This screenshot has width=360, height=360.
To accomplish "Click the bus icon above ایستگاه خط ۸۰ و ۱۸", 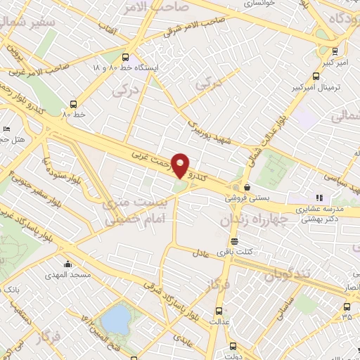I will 125,58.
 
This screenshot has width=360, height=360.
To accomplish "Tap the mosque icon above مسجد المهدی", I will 67,265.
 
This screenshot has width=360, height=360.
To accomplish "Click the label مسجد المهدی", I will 67,276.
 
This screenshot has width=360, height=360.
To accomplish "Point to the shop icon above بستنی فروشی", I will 247,188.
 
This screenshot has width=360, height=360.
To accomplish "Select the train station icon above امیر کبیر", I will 335,51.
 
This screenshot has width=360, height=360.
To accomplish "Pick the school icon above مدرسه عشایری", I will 319,198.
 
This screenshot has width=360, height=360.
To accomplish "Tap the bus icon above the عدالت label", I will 219,311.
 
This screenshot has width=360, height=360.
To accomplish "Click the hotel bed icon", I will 6,129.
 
